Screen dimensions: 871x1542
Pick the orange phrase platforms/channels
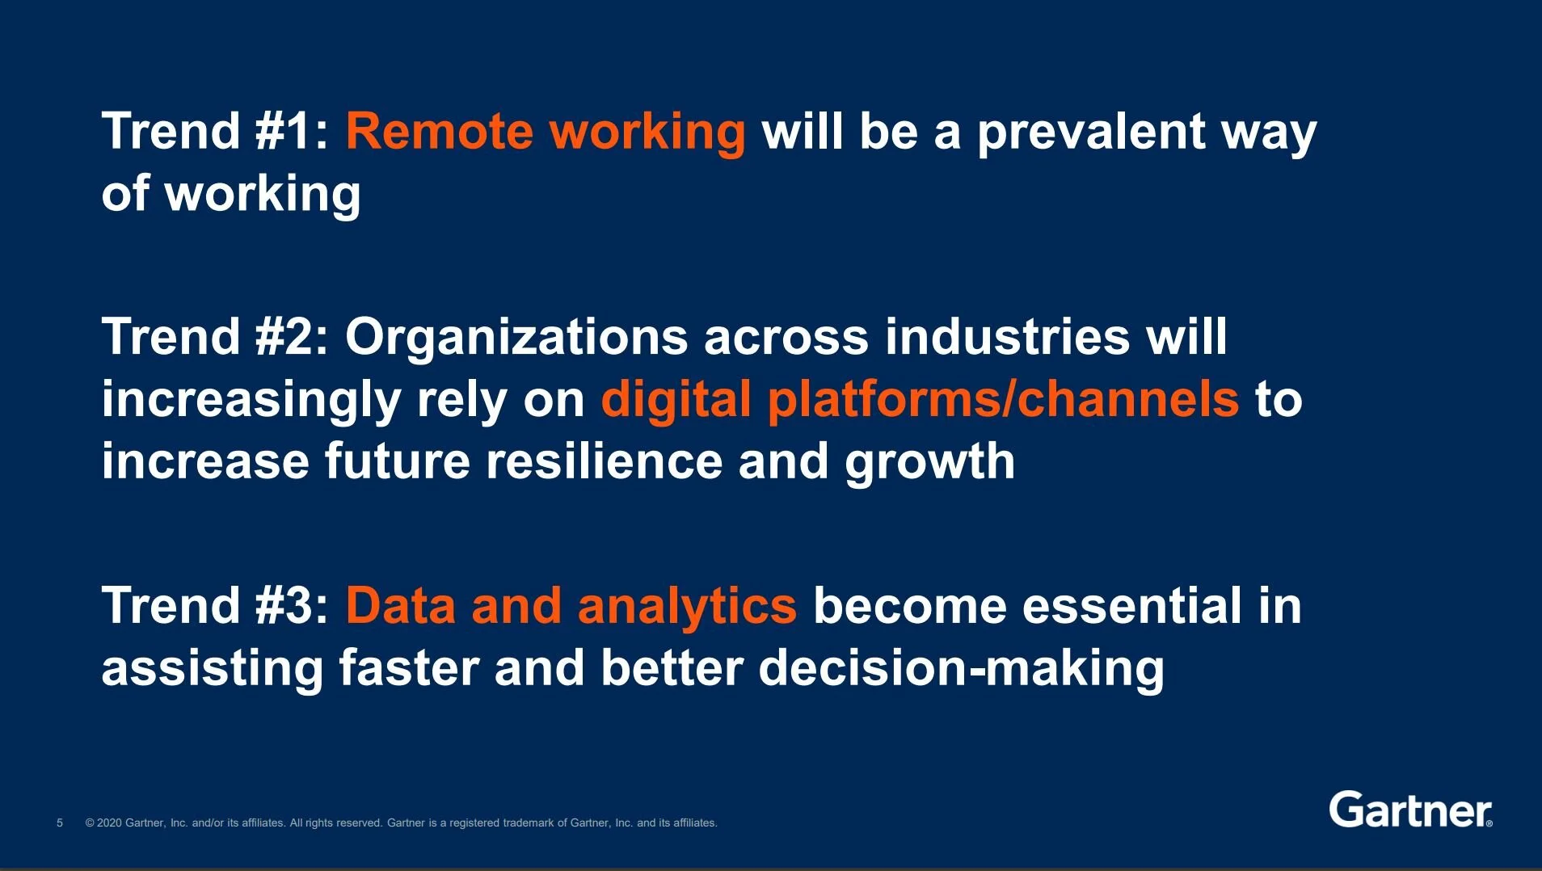click(x=1002, y=399)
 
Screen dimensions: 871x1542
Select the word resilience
click(x=604, y=461)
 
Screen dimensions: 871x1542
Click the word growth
click(x=929, y=463)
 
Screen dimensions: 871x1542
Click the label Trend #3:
click(x=215, y=606)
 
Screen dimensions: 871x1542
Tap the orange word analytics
click(x=687, y=608)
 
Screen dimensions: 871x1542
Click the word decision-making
click(x=961, y=669)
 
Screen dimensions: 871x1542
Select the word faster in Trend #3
click(x=409, y=669)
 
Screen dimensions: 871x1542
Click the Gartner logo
click(x=1410, y=810)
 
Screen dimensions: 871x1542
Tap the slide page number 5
click(x=60, y=823)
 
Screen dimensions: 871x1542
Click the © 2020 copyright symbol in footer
click(x=90, y=823)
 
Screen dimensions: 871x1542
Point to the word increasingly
click(x=251, y=401)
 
